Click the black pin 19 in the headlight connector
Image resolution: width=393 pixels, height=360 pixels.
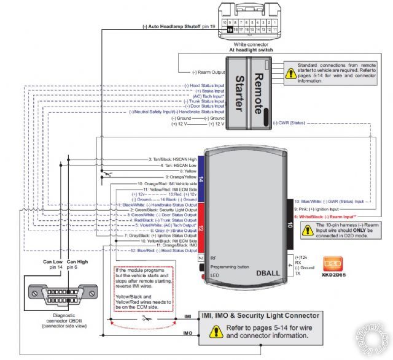(229, 29)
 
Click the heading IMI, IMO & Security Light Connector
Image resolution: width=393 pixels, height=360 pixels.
(260, 315)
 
